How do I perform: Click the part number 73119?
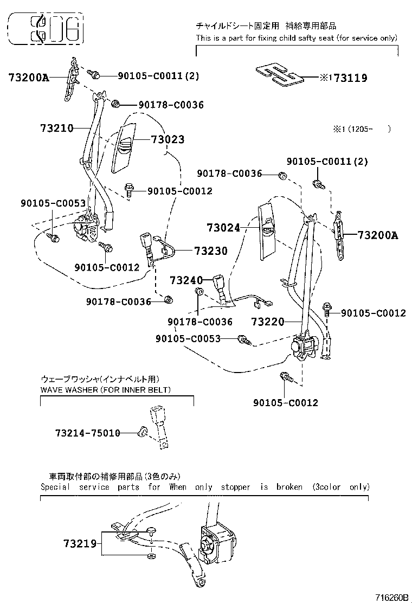coord(350,78)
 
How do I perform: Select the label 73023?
coord(168,140)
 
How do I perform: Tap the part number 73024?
coord(223,228)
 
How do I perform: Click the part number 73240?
coord(186,280)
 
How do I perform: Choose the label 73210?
coord(56,129)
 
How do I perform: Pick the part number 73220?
coord(268,322)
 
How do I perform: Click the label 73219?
coord(79,543)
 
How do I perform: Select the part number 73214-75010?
coord(87,433)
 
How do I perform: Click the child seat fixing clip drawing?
coord(276,74)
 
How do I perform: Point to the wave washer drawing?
coord(143,432)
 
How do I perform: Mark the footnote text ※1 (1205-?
coord(361,129)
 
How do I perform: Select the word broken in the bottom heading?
coord(289,487)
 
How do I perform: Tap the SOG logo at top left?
coord(46,30)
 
